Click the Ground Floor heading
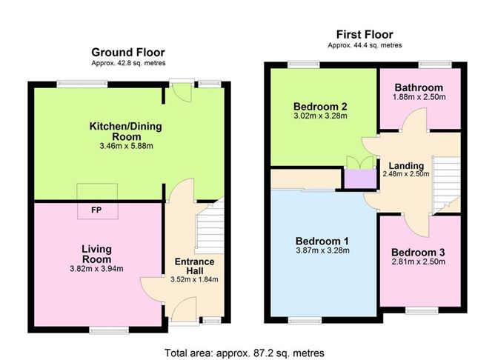[128, 52]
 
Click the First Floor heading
[364, 34]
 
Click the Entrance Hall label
[194, 267]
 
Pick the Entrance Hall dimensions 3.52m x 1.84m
[194, 279]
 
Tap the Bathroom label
[418, 87]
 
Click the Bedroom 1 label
[322, 241]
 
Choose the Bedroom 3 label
[418, 252]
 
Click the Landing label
[406, 164]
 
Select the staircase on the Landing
[444, 181]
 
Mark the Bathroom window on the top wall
[430, 65]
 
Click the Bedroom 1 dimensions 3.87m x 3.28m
[322, 250]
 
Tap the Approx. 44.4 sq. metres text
[364, 45]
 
